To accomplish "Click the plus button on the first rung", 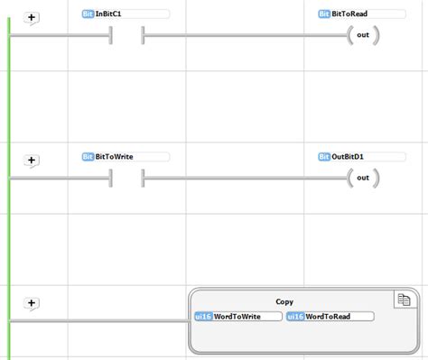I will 32,17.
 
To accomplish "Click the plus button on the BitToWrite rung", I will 32,160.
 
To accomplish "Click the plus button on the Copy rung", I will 32,303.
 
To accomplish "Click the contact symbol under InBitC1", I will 126,36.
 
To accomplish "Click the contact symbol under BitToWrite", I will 126,178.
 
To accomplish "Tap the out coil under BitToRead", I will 362,36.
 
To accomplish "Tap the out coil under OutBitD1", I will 362,178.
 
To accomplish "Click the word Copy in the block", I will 284,301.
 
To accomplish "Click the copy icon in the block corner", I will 404,300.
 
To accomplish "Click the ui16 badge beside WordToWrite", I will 203,317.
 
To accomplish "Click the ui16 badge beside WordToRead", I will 295,317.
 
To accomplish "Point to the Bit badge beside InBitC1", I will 88,14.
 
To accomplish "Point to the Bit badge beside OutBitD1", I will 324,156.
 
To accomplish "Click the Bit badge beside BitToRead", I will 324,14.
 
